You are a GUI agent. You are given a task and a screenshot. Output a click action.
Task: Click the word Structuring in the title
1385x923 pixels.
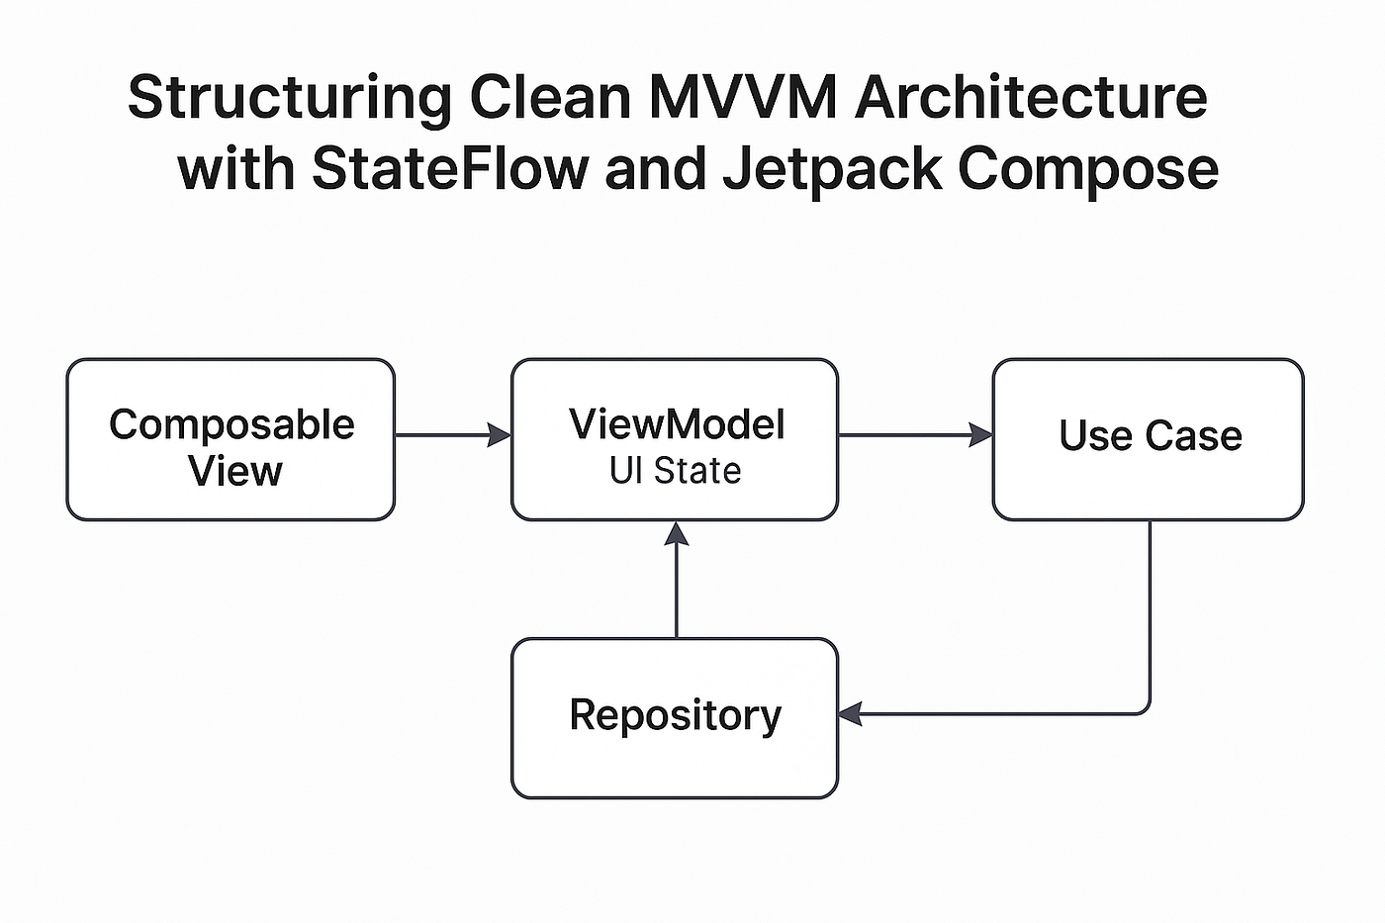click(290, 99)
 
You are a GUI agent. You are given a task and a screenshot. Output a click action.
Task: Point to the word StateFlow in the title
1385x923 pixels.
click(450, 167)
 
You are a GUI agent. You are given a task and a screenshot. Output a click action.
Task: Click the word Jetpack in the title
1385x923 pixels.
click(832, 170)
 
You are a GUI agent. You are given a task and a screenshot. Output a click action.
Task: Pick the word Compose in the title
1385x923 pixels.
click(1088, 171)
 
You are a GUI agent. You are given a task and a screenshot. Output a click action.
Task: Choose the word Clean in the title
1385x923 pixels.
click(550, 97)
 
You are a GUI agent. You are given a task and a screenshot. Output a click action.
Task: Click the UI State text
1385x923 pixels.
click(675, 471)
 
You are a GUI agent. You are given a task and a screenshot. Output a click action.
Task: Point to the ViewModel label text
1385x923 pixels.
click(677, 424)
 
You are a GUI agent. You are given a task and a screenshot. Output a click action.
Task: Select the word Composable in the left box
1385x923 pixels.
click(231, 426)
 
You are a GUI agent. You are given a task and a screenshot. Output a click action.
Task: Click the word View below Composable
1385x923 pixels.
click(235, 471)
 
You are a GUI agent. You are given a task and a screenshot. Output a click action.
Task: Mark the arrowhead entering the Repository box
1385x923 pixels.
click(850, 714)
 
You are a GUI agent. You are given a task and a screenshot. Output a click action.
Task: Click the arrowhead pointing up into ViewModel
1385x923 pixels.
click(677, 533)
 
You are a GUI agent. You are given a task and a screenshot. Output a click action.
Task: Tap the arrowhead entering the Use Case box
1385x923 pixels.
click(980, 435)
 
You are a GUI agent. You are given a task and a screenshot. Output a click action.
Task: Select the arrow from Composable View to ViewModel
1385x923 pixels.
click(453, 435)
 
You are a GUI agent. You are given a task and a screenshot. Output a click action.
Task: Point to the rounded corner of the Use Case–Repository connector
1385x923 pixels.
click(1146, 709)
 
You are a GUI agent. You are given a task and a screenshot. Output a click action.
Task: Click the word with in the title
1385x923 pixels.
click(235, 167)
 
